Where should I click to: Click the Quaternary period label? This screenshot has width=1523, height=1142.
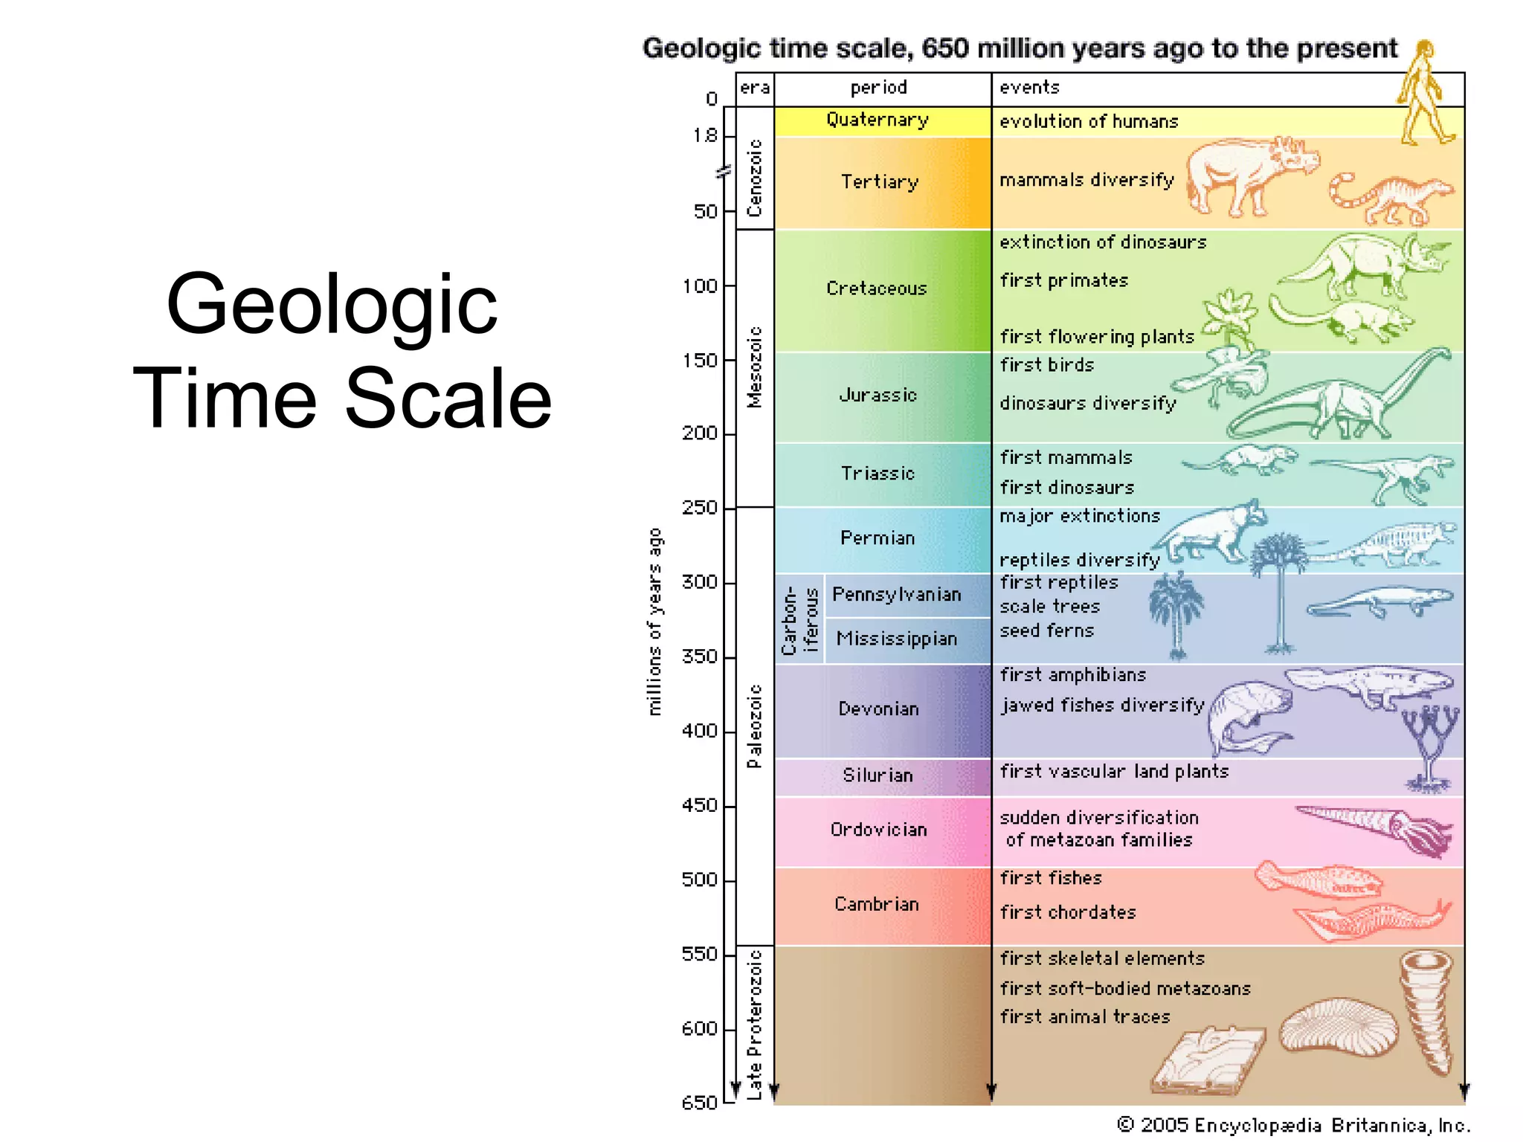(x=878, y=120)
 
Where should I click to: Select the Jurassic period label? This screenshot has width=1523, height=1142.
(x=878, y=395)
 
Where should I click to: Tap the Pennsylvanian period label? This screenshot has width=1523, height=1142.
(x=896, y=594)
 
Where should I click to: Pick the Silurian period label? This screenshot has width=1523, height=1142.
(x=878, y=775)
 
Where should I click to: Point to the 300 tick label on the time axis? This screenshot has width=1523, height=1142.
(x=699, y=581)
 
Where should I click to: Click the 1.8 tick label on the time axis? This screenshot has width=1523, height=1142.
(x=705, y=135)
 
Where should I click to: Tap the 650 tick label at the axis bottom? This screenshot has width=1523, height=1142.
(x=699, y=1103)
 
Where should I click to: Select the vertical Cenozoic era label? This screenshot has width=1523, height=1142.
(x=755, y=178)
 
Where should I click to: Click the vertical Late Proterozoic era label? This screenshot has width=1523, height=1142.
(x=755, y=1024)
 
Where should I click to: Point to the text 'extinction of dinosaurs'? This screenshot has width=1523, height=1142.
(x=1102, y=242)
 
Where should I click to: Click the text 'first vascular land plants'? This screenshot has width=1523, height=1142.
(x=1113, y=772)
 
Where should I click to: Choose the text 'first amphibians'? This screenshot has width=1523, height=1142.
(x=1072, y=675)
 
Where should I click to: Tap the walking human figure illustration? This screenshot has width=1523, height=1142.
(x=1424, y=93)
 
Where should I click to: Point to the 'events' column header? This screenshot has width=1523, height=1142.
(x=1029, y=88)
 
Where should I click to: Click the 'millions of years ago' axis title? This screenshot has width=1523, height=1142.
(x=654, y=622)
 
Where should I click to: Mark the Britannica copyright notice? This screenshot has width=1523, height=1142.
(x=1294, y=1125)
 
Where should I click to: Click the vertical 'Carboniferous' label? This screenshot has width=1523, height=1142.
(x=799, y=620)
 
